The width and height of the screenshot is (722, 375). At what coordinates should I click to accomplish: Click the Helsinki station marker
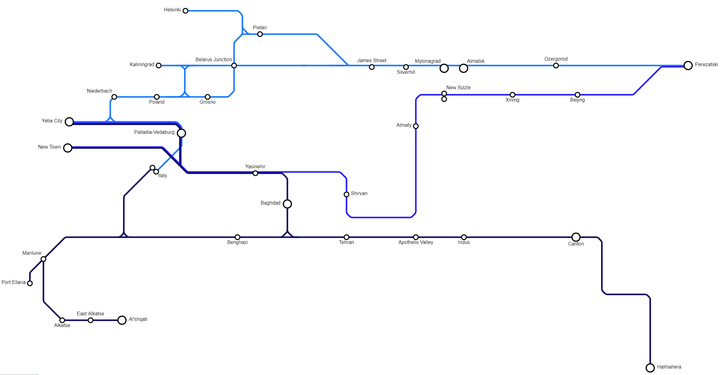click(185, 11)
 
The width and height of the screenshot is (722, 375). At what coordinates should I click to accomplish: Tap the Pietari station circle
click(260, 34)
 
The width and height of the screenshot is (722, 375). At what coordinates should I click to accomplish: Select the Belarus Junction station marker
click(234, 66)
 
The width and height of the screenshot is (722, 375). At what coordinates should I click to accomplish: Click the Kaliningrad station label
click(142, 65)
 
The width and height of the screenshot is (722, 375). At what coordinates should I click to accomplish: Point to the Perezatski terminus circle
click(688, 66)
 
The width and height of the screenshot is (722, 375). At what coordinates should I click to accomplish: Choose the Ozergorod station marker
click(556, 66)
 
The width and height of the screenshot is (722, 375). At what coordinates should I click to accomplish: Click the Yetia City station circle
click(69, 122)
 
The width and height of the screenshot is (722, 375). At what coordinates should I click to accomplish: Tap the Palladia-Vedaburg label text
click(154, 132)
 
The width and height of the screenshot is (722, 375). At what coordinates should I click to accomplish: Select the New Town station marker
click(68, 148)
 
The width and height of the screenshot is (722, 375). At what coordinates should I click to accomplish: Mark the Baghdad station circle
click(287, 204)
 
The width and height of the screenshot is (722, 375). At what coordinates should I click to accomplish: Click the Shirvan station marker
click(347, 194)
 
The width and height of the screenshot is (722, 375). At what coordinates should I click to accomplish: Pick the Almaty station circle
click(416, 126)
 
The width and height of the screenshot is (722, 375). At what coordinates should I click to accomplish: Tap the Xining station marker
click(513, 95)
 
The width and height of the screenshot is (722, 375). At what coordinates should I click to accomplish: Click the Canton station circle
click(576, 237)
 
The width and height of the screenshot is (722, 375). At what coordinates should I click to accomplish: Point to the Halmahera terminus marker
click(650, 368)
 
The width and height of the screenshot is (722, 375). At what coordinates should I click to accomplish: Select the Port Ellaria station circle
click(30, 283)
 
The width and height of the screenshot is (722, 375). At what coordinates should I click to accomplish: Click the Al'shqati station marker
click(122, 320)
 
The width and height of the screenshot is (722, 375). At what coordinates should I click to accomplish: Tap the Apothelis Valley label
click(416, 242)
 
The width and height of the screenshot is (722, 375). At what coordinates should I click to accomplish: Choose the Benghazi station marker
click(237, 237)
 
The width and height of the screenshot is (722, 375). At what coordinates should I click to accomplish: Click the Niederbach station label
click(99, 91)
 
